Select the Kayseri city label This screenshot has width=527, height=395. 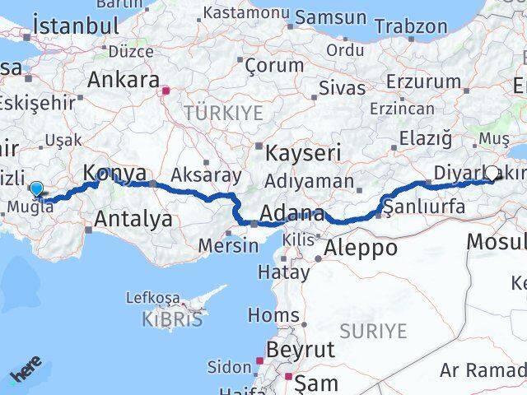(x=302, y=153)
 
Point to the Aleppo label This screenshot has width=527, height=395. (x=361, y=247)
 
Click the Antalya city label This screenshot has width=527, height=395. (x=133, y=219)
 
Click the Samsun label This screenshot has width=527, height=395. (x=330, y=16)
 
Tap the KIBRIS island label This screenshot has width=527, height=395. (x=171, y=319)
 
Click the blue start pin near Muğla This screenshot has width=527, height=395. (x=36, y=188)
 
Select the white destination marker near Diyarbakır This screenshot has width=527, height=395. (x=492, y=173)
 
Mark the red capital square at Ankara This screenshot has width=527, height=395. (x=166, y=91)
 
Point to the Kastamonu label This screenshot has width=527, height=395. (x=246, y=13)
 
